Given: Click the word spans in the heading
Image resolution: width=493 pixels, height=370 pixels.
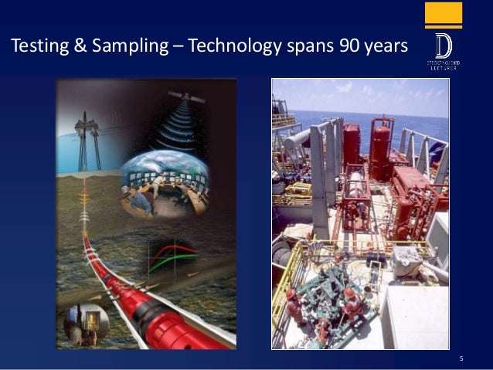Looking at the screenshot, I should (307, 48).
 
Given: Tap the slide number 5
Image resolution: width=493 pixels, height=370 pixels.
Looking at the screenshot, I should (461, 358).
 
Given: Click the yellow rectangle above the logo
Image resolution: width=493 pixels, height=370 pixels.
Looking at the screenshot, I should (444, 15).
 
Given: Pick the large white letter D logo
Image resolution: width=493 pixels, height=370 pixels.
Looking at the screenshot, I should (444, 42).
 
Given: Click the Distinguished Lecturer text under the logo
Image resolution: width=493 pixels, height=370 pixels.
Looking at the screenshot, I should (444, 64).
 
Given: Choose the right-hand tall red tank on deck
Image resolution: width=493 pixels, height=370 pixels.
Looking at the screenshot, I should (380, 147).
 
